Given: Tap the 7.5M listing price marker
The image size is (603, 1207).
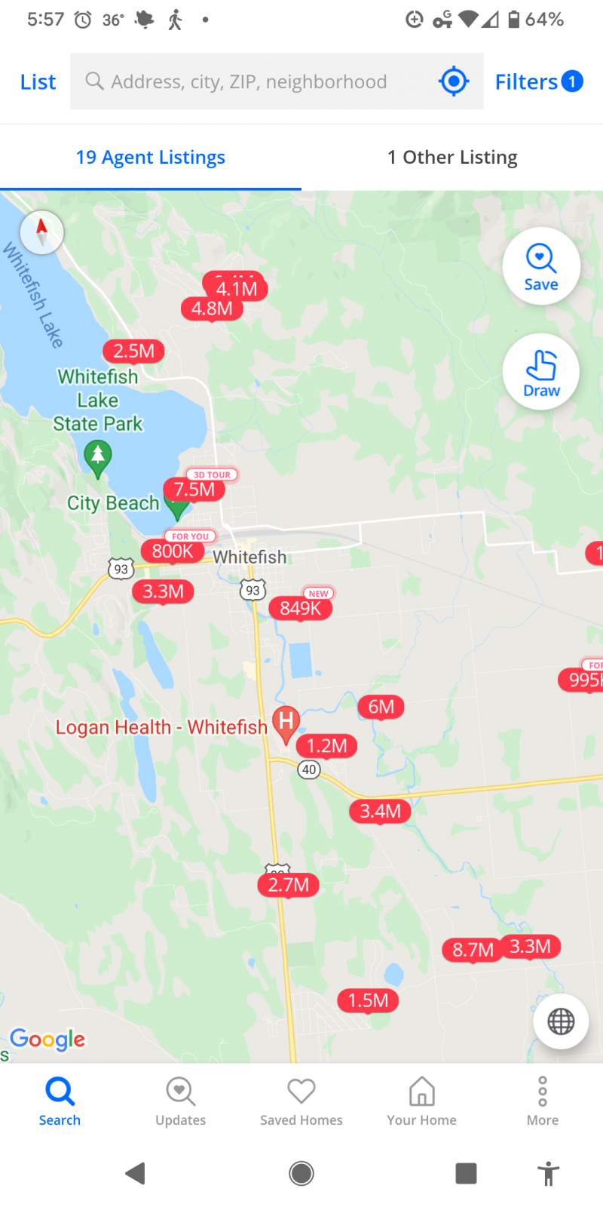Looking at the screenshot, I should [x=194, y=490].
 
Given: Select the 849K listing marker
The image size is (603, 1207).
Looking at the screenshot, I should [x=300, y=608].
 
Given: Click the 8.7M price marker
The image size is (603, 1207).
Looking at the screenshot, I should [x=473, y=950].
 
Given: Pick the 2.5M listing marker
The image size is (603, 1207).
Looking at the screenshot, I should [x=133, y=351].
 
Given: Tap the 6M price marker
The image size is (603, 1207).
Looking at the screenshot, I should [x=381, y=707].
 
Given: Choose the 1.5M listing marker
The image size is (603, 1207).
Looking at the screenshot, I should [x=368, y=1001].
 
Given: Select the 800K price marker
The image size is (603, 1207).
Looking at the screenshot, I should [x=173, y=551].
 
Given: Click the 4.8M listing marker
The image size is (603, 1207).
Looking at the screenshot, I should [x=212, y=309].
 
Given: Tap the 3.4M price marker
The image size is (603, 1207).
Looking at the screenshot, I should [x=380, y=811].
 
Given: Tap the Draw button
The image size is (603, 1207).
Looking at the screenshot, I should [x=541, y=372].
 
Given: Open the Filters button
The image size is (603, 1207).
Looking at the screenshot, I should [x=538, y=81].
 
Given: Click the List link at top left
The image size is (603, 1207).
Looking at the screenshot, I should [x=38, y=81].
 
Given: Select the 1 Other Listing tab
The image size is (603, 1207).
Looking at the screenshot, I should [x=452, y=157].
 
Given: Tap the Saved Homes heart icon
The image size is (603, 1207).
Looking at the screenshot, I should [x=301, y=1091].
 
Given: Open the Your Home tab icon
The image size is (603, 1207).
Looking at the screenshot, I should [x=422, y=1091].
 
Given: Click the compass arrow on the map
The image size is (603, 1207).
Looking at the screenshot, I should [x=41, y=231].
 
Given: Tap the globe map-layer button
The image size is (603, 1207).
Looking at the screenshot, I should [x=561, y=1021].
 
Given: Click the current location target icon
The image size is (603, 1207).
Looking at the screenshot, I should [x=454, y=81].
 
